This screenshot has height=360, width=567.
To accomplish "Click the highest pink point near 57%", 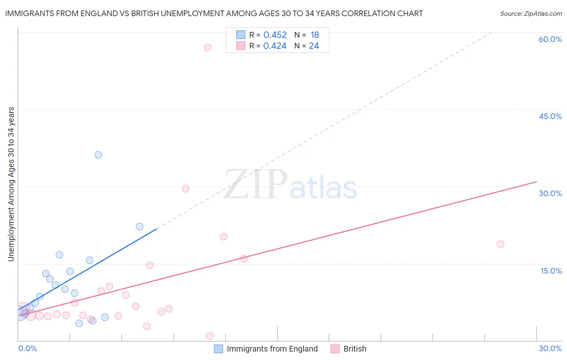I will [208, 47].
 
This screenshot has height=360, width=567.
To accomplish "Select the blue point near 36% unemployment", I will [98, 155].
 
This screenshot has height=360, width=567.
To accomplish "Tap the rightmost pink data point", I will [500, 244].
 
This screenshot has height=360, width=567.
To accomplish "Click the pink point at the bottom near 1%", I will [210, 336].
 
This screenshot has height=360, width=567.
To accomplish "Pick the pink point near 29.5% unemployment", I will [186, 188].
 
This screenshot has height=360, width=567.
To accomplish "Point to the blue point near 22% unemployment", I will [140, 226].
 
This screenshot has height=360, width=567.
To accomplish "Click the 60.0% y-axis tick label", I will [550, 39].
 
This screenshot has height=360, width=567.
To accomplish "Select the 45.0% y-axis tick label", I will [550, 116].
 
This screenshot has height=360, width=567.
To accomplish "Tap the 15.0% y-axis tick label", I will [551, 271].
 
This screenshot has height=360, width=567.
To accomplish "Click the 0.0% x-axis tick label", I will [27, 348].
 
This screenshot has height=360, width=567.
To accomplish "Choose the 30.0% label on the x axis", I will [550, 348].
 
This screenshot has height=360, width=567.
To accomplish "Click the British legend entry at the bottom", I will [354, 349].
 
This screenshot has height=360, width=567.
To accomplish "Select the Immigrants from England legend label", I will [272, 349].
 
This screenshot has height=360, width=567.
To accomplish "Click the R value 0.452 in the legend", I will [275, 35].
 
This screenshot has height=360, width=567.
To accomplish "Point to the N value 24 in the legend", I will [314, 46].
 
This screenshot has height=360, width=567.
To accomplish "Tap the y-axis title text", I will [11, 184].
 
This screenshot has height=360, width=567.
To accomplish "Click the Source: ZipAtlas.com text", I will [531, 14].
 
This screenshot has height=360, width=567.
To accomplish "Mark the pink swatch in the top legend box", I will [241, 46].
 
